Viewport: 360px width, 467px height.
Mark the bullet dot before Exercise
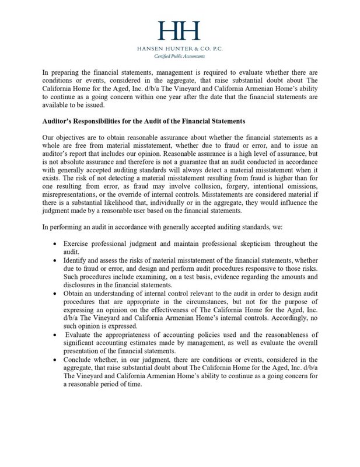tap(55, 243)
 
